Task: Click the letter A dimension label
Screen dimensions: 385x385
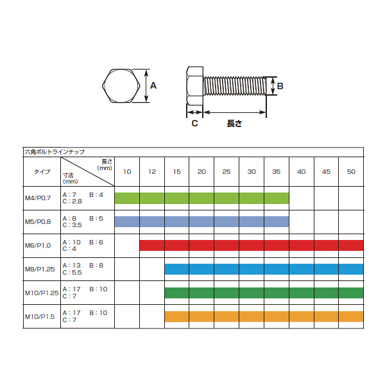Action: click(x=153, y=86)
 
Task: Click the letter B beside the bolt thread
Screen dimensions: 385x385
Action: click(x=280, y=86)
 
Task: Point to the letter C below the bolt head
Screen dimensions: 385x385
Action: click(x=194, y=123)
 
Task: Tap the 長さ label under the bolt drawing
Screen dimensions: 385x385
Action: click(x=234, y=123)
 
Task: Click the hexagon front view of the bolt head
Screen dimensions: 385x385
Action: click(x=121, y=86)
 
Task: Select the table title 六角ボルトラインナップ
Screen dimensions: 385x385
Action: click(x=55, y=152)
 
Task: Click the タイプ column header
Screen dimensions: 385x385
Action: click(x=42, y=171)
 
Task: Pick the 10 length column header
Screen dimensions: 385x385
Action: click(x=127, y=171)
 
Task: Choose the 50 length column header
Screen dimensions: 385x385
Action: click(x=351, y=171)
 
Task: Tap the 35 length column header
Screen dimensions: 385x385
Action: click(x=276, y=171)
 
